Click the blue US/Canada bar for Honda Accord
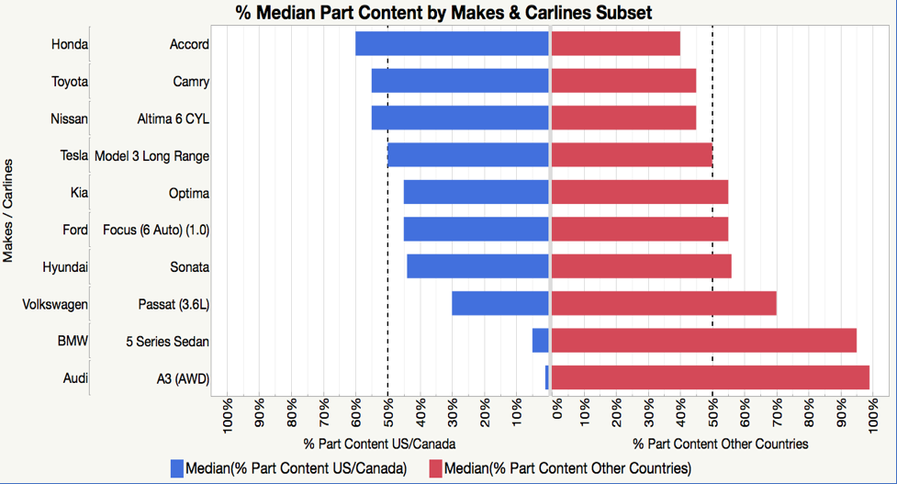pos(452,44)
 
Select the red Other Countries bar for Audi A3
pos(710,377)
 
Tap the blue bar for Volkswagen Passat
pos(499,303)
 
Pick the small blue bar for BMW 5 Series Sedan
pos(540,341)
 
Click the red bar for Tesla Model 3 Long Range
pos(632,155)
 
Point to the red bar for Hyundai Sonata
pos(641,266)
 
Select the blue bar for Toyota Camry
pos(459,81)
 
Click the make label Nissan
pos(70,118)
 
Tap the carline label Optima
pos(189,193)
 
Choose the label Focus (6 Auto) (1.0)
pos(156,230)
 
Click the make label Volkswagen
pos(55,304)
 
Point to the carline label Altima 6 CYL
pos(174,118)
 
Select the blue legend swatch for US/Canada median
pos(177,468)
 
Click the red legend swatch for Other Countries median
pos(435,468)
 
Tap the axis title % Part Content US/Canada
pos(367,444)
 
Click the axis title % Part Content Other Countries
pos(721,444)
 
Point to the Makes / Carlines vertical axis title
pos(9,210)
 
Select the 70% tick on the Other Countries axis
pos(777,415)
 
